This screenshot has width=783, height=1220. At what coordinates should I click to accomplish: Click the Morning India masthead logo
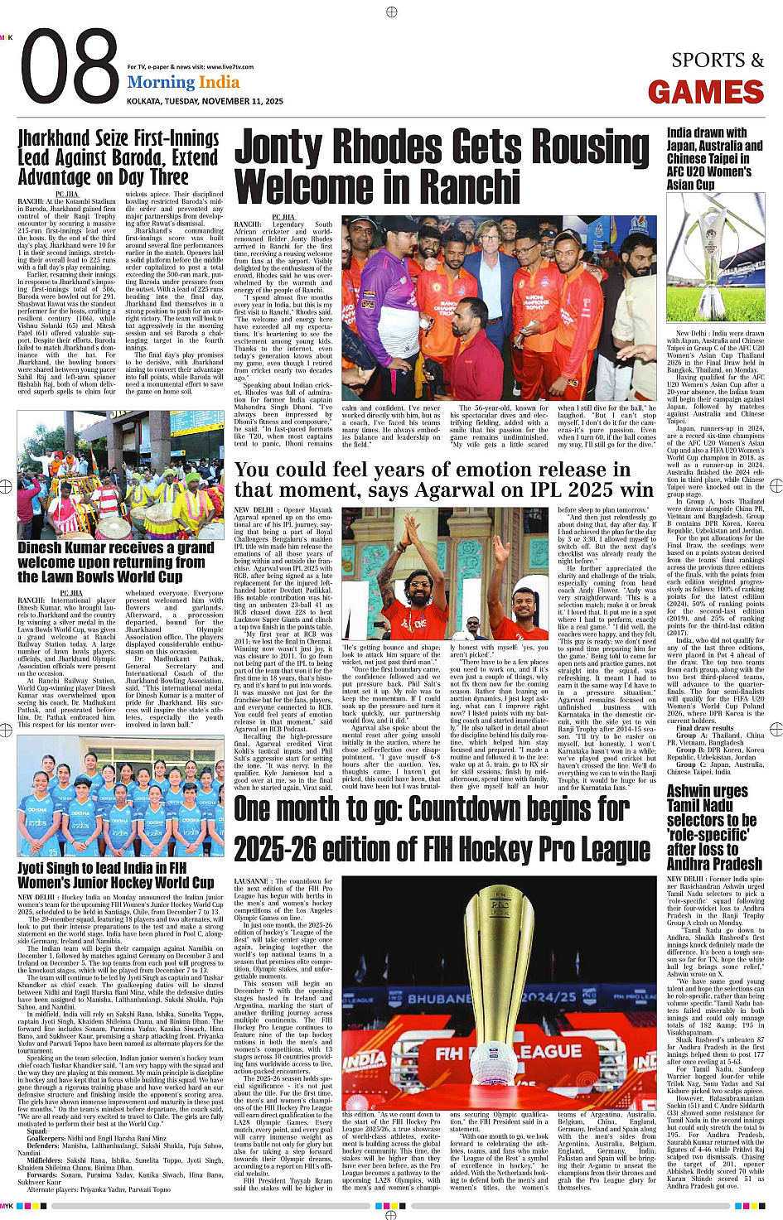(x=183, y=83)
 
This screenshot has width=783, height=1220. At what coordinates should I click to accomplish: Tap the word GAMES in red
(x=706, y=92)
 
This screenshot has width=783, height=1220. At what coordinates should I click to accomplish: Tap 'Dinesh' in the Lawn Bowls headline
(x=51, y=548)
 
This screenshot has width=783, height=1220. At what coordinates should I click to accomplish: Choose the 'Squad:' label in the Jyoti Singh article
(x=37, y=1131)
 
